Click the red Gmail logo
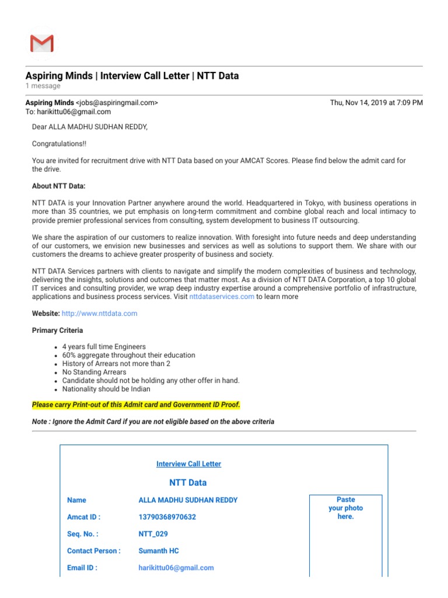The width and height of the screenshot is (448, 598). tap(41, 44)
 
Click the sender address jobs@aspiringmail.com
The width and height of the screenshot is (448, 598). tap(117, 103)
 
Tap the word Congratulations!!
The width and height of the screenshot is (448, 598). tap(59, 144)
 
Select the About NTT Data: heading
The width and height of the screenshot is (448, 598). tap(58, 186)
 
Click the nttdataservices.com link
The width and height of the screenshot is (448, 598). tap(222, 297)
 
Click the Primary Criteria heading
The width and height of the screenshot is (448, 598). tap(57, 331)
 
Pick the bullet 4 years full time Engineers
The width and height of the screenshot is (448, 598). tap(104, 347)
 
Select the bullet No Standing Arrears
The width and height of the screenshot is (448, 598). tap(94, 372)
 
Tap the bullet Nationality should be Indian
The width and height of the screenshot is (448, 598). tap(106, 389)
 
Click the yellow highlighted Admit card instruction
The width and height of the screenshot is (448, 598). tap(136, 405)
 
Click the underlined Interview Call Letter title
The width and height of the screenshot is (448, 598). tap(188, 464)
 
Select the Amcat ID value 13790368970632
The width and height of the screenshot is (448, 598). tap(167, 517)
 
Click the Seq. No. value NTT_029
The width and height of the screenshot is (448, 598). tap(153, 534)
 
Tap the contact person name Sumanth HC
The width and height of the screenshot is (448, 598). tap(159, 551)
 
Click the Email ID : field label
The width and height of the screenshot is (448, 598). tap(82, 568)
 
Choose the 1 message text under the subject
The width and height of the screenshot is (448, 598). tap(43, 86)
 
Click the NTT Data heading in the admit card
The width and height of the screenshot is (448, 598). tap(188, 483)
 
